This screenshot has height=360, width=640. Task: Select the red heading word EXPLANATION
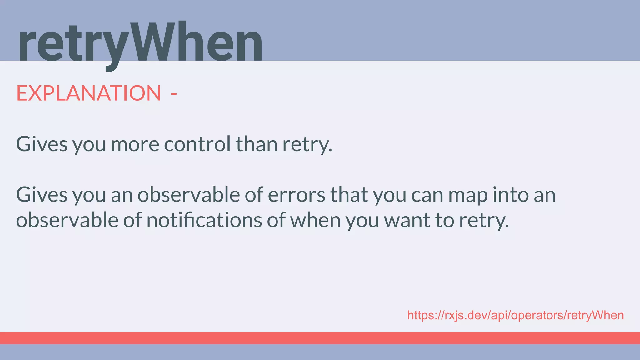point(88,93)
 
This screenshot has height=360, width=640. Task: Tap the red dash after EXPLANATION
point(174,94)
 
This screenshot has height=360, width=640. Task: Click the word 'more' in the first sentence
point(135,144)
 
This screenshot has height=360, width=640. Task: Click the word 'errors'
point(297,195)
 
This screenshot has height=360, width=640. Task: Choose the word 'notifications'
point(204,220)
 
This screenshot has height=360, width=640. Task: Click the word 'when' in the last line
point(315,220)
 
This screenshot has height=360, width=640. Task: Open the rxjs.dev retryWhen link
point(516,315)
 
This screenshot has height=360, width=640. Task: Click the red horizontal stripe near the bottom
point(320,338)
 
